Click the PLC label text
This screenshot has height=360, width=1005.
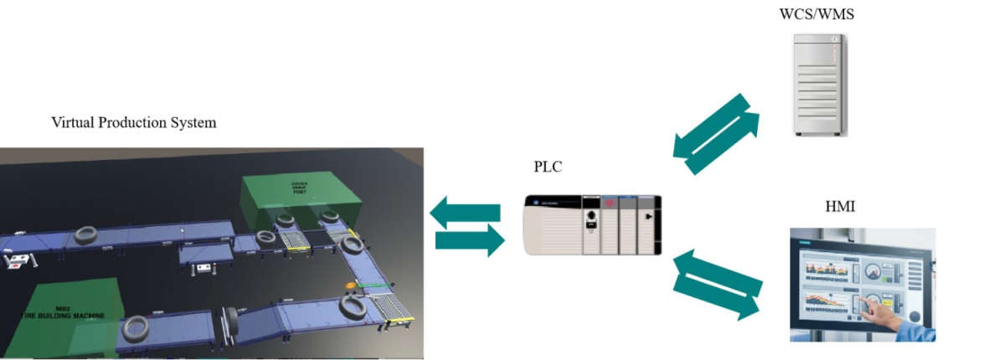pos(548,167)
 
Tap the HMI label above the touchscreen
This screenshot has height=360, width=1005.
pos(840,206)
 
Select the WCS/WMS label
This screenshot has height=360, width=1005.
pos(817,13)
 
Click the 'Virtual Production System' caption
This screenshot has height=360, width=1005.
pos(134,123)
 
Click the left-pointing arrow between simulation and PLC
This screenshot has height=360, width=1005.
pos(465,212)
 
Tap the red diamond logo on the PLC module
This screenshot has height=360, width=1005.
pos(610,204)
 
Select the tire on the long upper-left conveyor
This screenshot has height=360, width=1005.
pos(86,235)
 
